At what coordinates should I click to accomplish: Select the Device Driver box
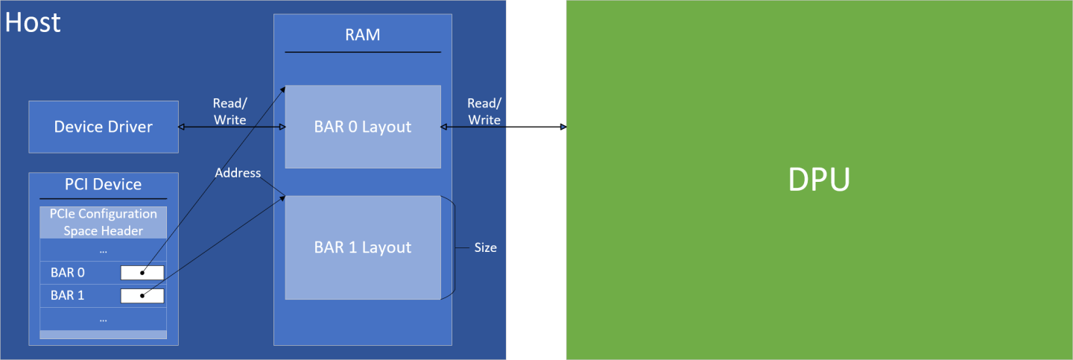(x=103, y=127)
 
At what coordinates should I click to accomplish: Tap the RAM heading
(x=362, y=34)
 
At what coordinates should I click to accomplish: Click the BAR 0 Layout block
(x=362, y=127)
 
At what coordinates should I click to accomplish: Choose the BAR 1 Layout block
(x=362, y=247)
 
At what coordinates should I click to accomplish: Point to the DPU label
(x=819, y=180)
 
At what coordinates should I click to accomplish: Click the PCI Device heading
(x=103, y=184)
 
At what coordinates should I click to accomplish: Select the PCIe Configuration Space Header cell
(x=103, y=222)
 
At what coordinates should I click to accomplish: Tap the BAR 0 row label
(x=68, y=273)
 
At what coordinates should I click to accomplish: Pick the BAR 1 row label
(x=68, y=295)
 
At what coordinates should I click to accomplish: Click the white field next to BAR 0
(x=142, y=273)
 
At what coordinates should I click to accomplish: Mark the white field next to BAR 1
(x=142, y=295)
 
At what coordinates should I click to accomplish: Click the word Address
(x=238, y=173)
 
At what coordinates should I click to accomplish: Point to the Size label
(x=485, y=247)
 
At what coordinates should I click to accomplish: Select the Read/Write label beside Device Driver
(x=230, y=111)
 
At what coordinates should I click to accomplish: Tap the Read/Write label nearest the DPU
(x=484, y=111)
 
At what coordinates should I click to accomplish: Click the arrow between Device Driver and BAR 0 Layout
(x=232, y=127)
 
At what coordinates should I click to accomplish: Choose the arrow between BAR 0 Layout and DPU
(x=504, y=127)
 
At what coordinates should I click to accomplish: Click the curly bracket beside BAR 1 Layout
(x=449, y=247)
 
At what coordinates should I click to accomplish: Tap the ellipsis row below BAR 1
(x=103, y=318)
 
